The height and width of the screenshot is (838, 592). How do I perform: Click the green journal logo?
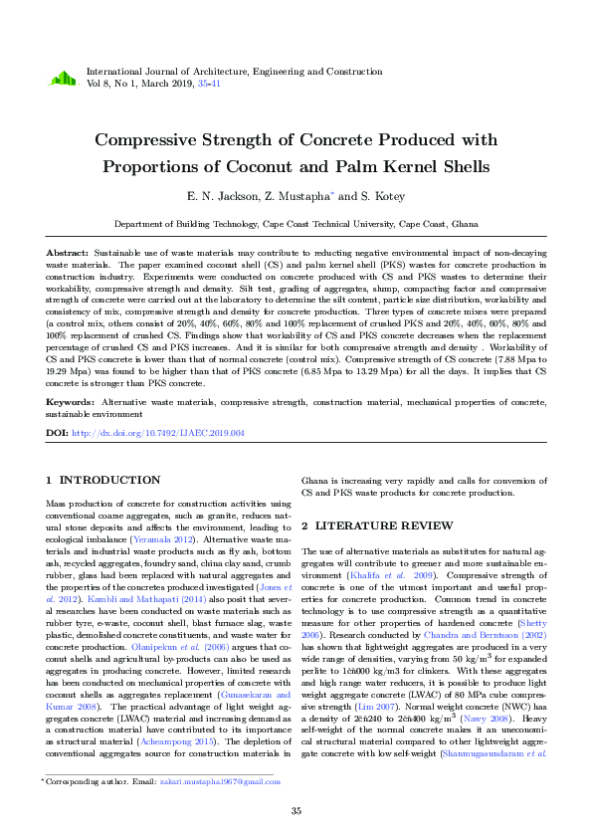point(63,78)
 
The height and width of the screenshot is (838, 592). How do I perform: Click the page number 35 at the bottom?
point(296,812)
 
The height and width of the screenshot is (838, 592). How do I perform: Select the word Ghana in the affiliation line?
point(465,225)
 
